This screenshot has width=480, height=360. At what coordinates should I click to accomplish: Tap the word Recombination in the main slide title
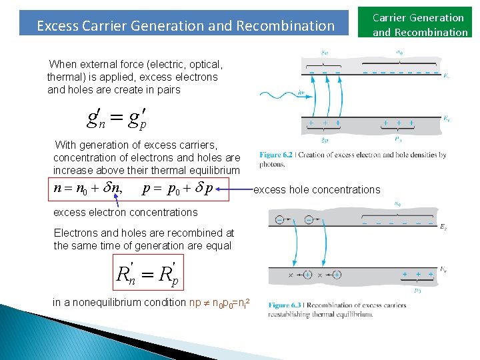[x=294, y=26]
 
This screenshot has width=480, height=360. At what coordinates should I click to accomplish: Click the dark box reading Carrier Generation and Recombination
[x=420, y=25]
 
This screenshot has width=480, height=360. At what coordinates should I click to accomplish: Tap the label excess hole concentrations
[x=317, y=190]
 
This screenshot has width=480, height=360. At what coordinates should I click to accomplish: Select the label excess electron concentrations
[x=125, y=213]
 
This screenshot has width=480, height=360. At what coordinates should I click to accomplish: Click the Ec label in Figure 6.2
[x=446, y=76]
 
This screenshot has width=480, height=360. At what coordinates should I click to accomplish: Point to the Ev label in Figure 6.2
[x=446, y=119]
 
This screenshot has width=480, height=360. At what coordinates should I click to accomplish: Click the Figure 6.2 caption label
[x=276, y=155]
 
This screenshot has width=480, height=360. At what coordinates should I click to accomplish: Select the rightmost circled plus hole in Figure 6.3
[x=337, y=274]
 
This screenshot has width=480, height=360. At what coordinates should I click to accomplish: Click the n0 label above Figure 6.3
[x=398, y=204]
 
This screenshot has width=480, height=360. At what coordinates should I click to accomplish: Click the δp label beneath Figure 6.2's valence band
[x=324, y=140]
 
